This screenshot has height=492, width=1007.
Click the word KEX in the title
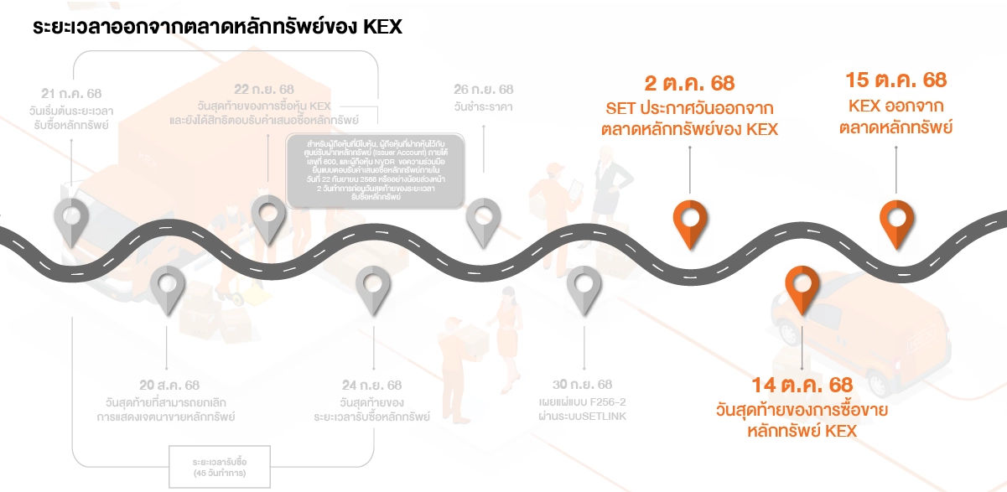383,27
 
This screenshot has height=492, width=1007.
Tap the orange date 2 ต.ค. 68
689,83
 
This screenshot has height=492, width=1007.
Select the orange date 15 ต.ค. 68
895,80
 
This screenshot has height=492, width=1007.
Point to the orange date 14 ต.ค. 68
802,386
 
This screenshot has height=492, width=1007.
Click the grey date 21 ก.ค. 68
71,94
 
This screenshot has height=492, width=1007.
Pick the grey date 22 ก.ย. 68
264,89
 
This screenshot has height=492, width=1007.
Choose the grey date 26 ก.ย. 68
484,89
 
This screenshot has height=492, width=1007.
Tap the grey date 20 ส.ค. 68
169,386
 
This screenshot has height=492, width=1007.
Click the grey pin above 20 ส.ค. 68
167,287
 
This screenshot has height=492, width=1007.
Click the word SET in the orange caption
620,109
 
